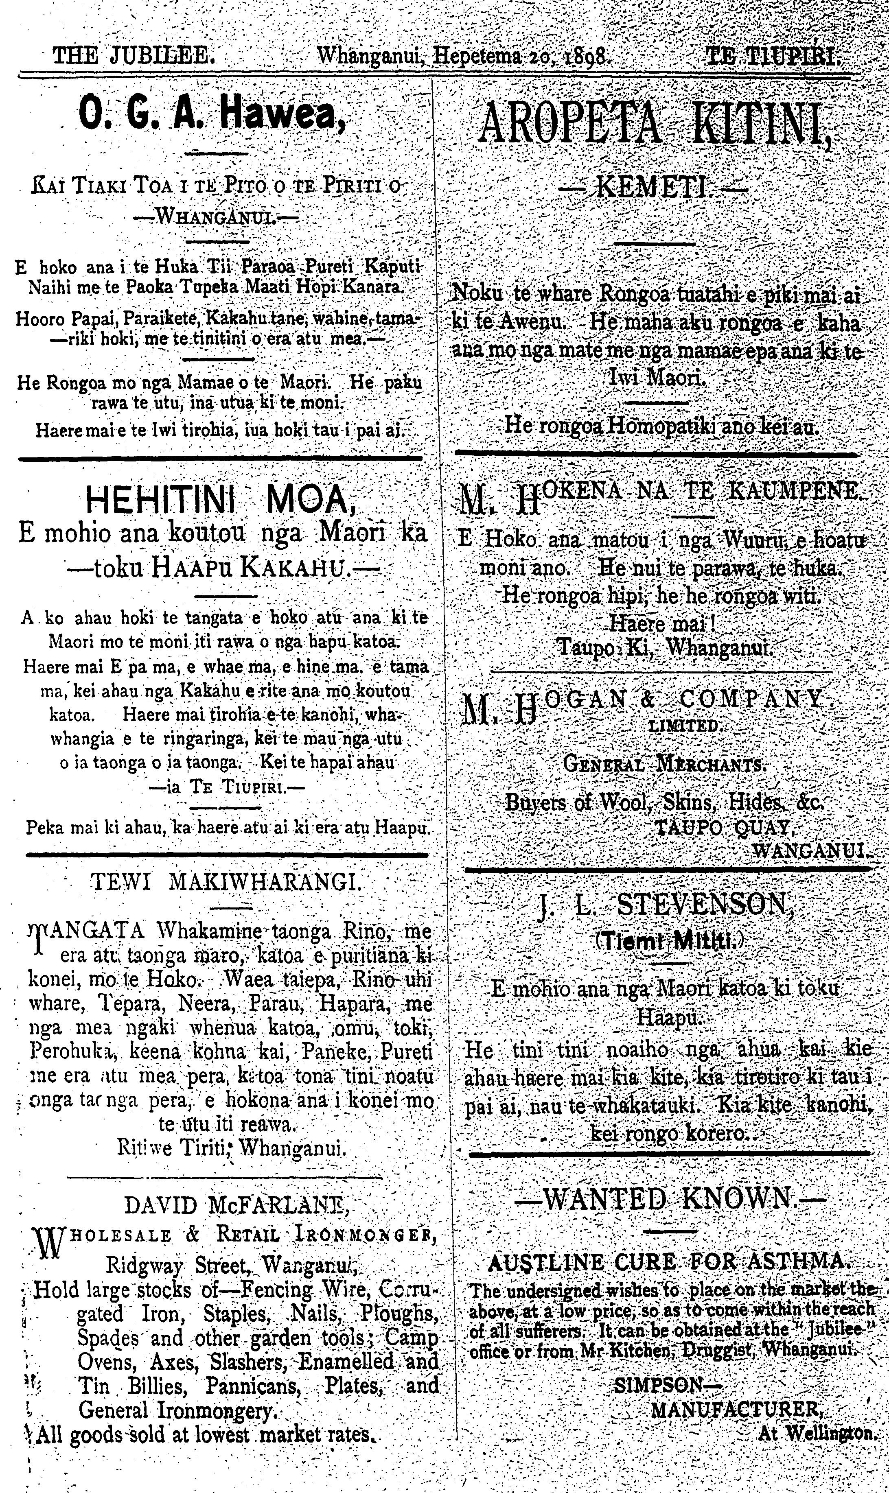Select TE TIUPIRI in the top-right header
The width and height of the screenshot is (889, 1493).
(x=772, y=56)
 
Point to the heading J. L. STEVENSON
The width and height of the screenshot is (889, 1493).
(x=666, y=906)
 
